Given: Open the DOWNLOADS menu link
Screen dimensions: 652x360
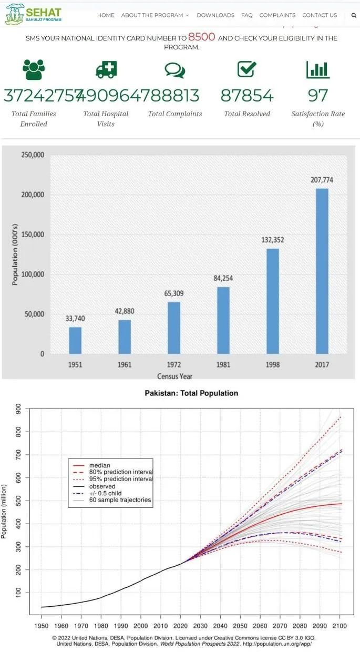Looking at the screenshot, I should [215, 15].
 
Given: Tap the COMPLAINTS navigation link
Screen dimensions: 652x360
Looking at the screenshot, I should [277, 15].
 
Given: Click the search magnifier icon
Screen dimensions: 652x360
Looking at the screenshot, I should [354, 15].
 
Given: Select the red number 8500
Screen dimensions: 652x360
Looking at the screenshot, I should [202, 38].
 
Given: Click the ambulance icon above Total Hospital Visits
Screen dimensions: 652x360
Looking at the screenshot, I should [106, 69].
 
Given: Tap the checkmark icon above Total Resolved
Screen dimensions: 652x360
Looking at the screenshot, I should [246, 69].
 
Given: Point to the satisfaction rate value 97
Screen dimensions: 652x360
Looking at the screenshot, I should [318, 96].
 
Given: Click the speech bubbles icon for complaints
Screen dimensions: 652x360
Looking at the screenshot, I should [174, 70].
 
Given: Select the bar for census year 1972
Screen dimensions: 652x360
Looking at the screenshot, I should [174, 328].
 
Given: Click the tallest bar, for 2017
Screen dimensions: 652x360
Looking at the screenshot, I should [322, 271].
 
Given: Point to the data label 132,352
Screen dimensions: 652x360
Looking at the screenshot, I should [272, 240].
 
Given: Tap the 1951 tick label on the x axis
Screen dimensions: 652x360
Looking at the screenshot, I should [75, 364].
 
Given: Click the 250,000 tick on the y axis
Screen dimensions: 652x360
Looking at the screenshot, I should [33, 155].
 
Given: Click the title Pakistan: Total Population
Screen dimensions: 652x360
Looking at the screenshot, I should [191, 393].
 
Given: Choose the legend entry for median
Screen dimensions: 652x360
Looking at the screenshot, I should [100, 465].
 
